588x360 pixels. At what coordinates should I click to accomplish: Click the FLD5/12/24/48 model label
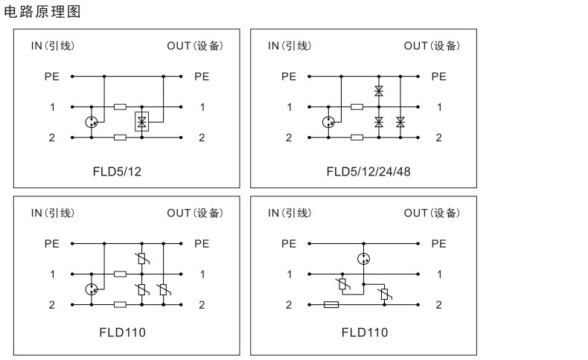pyautogui.click(x=368, y=172)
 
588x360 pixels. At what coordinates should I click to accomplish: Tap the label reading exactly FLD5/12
pyautogui.click(x=118, y=172)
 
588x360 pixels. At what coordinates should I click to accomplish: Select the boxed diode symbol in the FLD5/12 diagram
pyautogui.click(x=141, y=121)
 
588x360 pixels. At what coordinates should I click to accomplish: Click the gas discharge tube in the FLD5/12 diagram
pyautogui.click(x=92, y=121)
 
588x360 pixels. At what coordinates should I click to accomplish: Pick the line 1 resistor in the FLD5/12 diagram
pyautogui.click(x=120, y=106)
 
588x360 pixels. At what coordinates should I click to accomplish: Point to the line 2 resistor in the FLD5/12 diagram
pyautogui.click(x=120, y=138)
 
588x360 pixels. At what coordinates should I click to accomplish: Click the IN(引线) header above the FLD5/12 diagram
pyautogui.click(x=52, y=46)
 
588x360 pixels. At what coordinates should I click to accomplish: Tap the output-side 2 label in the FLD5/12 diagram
pyautogui.click(x=202, y=138)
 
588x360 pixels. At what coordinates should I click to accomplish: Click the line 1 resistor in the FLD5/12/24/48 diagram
pyautogui.click(x=357, y=106)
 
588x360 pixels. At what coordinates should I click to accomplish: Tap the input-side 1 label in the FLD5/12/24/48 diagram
pyautogui.click(x=289, y=107)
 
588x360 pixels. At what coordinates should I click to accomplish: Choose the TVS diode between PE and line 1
pyautogui.click(x=379, y=91)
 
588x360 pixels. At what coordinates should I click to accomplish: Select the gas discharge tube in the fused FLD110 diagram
pyautogui.click(x=363, y=259)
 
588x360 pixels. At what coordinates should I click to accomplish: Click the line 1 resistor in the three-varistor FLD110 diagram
pyautogui.click(x=120, y=274)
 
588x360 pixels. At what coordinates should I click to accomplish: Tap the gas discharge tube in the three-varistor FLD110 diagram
pyautogui.click(x=92, y=289)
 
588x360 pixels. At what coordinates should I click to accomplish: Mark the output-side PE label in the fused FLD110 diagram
pyautogui.click(x=438, y=243)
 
